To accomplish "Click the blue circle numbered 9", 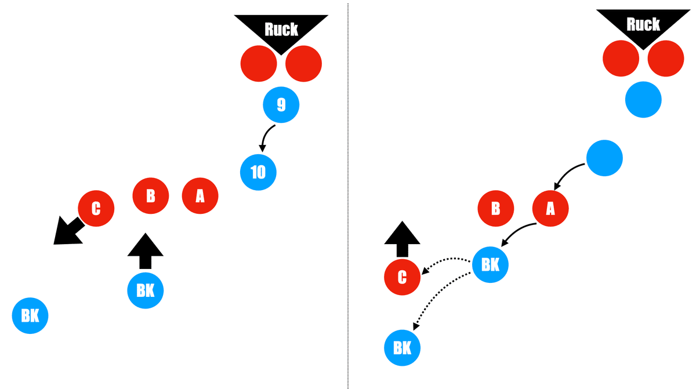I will click(x=281, y=105).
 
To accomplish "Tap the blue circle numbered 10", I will click(x=258, y=172).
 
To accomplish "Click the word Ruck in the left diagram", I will click(x=281, y=29).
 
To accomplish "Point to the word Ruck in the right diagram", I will click(x=643, y=24).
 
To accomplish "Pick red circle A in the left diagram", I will click(x=200, y=196).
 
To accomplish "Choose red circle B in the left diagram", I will click(x=150, y=196).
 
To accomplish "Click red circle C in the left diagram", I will click(x=96, y=208).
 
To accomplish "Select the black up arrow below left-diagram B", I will click(x=146, y=250).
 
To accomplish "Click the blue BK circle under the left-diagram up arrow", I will click(x=146, y=290).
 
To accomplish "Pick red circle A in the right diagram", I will click(x=550, y=208).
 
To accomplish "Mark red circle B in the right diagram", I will click(x=495, y=208).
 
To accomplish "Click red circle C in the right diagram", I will click(x=402, y=277).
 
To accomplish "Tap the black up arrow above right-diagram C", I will click(x=403, y=238).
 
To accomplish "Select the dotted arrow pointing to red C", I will click(x=447, y=261).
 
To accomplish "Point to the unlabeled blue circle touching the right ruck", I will click(x=643, y=100).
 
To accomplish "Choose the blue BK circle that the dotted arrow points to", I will click(x=402, y=348).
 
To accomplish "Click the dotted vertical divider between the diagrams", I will click(x=348, y=194).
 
